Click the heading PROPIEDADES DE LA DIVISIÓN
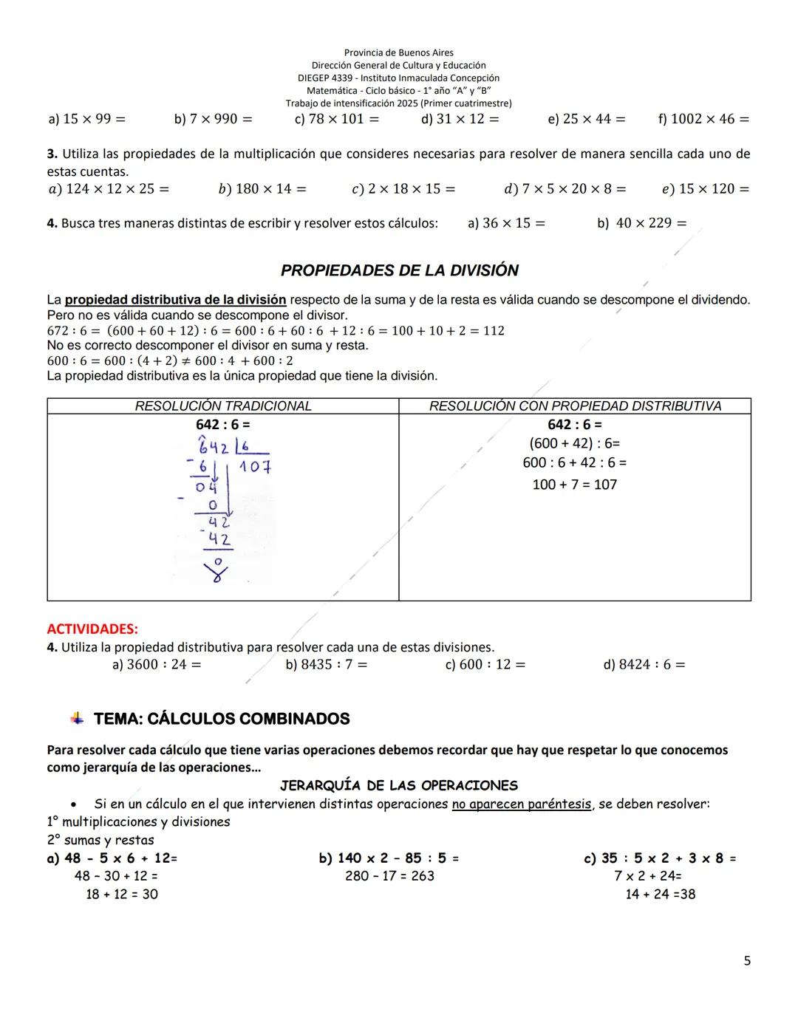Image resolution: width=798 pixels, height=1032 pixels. pyautogui.click(x=399, y=270)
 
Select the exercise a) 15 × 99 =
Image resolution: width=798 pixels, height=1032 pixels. pyautogui.click(x=86, y=119)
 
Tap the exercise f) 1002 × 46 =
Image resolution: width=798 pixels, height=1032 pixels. pyautogui.click(x=703, y=119)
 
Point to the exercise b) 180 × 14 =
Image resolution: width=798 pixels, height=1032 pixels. pyautogui.click(x=262, y=189)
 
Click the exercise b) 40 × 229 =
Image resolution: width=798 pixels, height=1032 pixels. pyautogui.click(x=641, y=223)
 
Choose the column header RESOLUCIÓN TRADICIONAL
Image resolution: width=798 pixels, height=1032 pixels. pyautogui.click(x=223, y=406)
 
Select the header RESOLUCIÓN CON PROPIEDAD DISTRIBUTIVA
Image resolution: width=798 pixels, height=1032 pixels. pyautogui.click(x=575, y=406)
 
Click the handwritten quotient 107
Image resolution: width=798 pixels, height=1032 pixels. pyautogui.click(x=255, y=467)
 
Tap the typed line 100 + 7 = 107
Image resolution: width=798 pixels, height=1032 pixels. pyautogui.click(x=574, y=485)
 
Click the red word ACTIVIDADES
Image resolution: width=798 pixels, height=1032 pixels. pyautogui.click(x=92, y=629)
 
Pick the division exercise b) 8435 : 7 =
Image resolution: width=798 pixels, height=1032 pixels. pyautogui.click(x=326, y=665)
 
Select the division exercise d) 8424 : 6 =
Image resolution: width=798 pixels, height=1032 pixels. pyautogui.click(x=644, y=665)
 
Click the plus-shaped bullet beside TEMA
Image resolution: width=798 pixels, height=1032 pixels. pyautogui.click(x=76, y=718)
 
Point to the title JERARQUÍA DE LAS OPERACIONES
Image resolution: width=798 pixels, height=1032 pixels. pyautogui.click(x=399, y=786)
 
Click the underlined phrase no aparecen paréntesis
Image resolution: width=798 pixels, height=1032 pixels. pyautogui.click(x=522, y=804)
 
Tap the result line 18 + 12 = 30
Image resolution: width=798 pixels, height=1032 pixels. pyautogui.click(x=122, y=895)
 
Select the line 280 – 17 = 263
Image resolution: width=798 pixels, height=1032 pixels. pyautogui.click(x=389, y=876)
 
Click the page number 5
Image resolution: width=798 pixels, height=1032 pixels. pyautogui.click(x=747, y=961)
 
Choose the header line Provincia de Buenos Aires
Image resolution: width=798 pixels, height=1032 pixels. pyautogui.click(x=399, y=53)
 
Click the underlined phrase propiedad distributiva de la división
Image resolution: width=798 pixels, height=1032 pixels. pyautogui.click(x=175, y=300)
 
